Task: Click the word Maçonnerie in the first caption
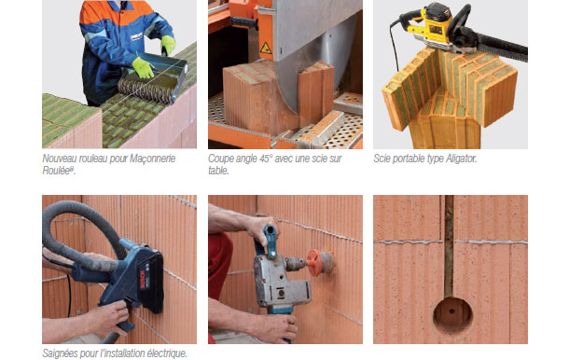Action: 152,159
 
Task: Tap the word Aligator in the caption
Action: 461,159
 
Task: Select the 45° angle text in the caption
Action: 266,159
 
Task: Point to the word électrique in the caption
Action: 169,353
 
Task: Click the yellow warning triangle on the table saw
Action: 266,48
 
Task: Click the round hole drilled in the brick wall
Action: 452,314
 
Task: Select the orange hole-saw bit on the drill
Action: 316,262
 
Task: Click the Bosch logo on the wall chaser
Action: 143,280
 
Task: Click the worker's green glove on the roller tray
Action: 143,67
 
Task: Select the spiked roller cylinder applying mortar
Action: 146,91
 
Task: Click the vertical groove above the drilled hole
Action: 449,246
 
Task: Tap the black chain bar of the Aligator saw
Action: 501,46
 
